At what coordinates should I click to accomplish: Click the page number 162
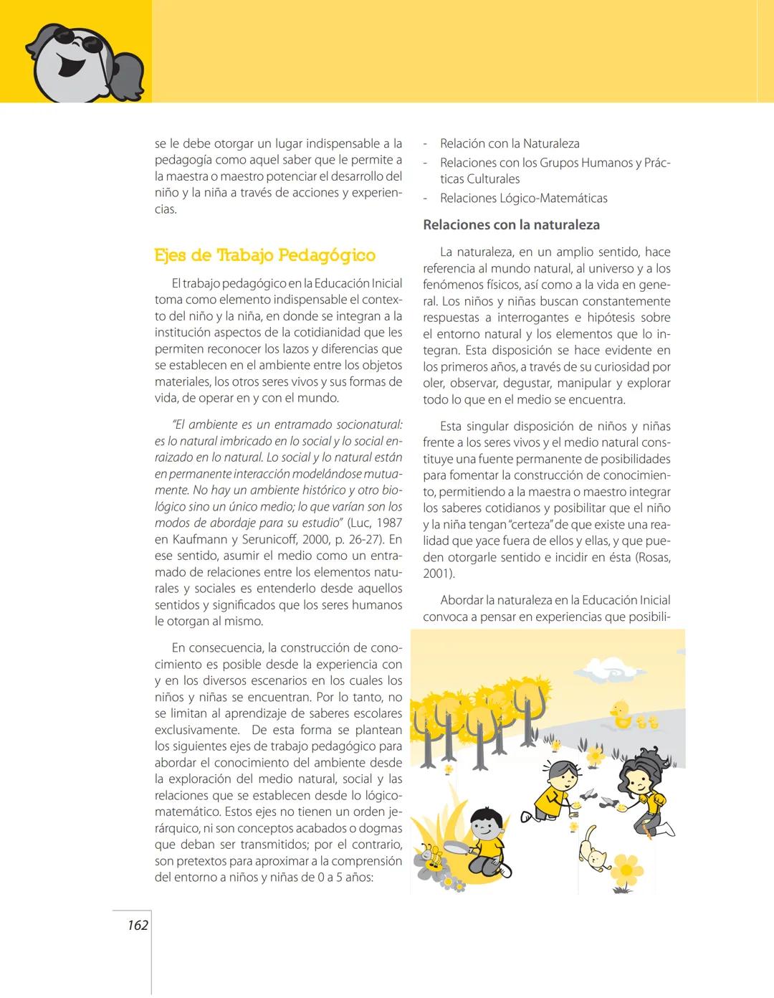point(138,926)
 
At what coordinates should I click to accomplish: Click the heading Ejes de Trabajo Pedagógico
point(264,255)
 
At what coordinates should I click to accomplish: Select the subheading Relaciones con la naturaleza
point(511,225)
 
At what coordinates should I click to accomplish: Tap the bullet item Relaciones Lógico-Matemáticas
point(523,199)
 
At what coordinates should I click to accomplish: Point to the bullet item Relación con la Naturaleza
point(510,144)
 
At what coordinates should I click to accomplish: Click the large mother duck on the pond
point(620,713)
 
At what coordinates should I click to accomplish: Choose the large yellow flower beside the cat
point(627,869)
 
